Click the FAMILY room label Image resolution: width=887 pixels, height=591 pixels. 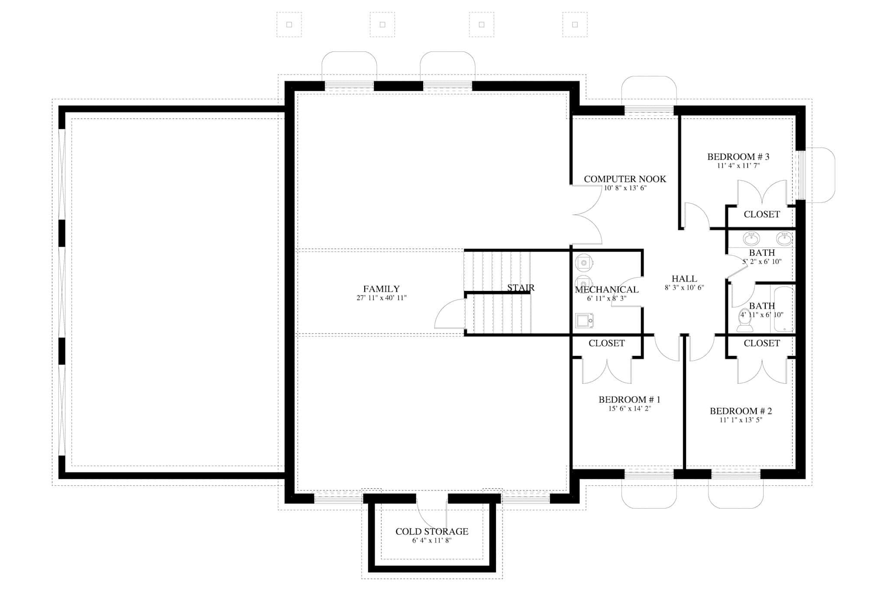pos(381,289)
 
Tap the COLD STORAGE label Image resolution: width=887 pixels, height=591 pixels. pos(432,531)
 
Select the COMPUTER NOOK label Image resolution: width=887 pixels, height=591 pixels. pos(625,179)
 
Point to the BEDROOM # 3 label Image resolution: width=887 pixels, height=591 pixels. pos(738,157)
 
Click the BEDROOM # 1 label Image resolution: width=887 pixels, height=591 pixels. pos(629,399)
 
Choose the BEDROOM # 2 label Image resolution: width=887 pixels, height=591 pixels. pos(741,411)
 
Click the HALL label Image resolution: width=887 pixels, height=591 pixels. pos(684,279)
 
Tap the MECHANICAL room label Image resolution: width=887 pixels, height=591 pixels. pos(606,289)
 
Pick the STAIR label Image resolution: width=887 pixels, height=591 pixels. pos(521,287)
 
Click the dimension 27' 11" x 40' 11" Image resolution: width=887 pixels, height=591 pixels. pos(381,298)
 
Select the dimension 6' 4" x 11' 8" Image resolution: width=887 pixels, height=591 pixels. pos(432,540)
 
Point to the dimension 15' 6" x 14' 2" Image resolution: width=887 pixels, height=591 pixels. pos(629,408)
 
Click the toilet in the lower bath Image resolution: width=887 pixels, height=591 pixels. pos(745,320)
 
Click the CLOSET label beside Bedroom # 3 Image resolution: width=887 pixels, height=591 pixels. pos(761,214)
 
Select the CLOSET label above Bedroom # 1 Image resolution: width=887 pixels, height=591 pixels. pos(606,343)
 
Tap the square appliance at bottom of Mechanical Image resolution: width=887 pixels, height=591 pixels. pos(584,320)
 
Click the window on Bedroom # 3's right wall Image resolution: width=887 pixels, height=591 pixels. pos(802,175)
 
